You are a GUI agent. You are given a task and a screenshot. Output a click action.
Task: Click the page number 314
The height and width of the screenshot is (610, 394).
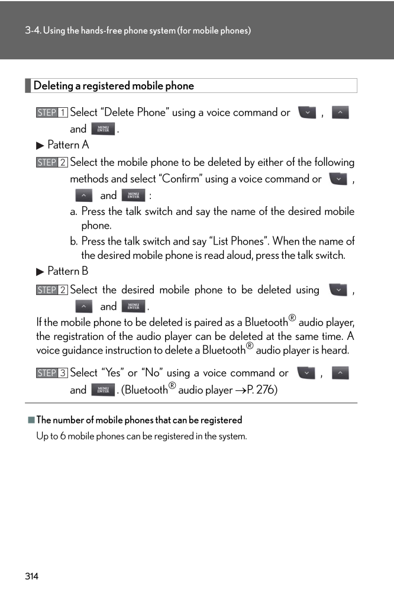pos(31,576)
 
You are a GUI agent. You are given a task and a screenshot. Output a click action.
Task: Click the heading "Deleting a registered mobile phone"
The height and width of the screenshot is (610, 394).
pos(114,86)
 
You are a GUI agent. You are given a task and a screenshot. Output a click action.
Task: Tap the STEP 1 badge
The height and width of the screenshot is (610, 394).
pos(51,113)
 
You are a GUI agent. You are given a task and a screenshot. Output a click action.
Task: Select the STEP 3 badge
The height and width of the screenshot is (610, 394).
pos(51,373)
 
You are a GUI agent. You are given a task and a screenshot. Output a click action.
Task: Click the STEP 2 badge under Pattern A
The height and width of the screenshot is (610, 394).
pos(51,162)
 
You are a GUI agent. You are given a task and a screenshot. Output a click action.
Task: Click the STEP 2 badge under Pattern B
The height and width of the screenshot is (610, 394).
pos(51,290)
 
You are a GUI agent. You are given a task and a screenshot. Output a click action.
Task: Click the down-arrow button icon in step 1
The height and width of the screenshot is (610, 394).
pos(308,112)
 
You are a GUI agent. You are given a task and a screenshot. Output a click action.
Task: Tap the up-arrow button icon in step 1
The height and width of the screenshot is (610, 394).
pos(340,112)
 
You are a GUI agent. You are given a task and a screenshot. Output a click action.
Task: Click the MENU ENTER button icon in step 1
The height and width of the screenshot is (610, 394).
pos(103,129)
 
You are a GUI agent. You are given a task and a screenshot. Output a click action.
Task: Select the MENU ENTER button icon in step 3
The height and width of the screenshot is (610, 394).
pos(103,390)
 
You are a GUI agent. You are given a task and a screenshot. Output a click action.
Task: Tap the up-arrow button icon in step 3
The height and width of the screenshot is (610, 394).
pos(340,373)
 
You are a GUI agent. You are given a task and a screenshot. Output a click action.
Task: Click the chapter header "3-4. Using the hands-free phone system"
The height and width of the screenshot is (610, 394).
pos(138,30)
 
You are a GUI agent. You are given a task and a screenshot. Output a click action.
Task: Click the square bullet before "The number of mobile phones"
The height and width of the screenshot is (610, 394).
pos(31,420)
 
